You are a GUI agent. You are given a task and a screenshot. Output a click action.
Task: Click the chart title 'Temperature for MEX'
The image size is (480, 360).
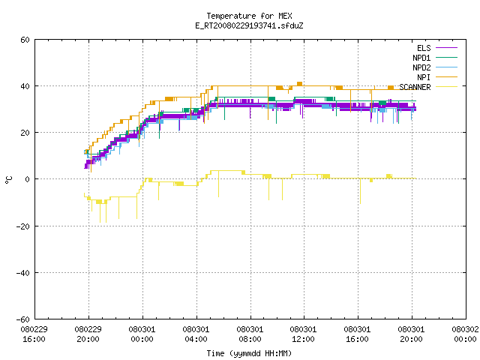click(249, 16)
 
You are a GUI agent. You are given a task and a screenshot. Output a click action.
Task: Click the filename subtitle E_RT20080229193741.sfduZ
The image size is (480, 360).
click(249, 25)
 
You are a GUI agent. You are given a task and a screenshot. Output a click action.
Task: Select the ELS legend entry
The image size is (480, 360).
click(437, 48)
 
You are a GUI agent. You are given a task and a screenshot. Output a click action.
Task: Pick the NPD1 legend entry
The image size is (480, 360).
click(435, 58)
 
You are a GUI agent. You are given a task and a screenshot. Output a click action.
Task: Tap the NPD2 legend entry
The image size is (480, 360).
click(435, 67)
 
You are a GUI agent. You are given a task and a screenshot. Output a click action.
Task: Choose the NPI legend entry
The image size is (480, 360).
click(437, 77)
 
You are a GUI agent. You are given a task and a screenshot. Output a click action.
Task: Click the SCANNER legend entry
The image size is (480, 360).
click(428, 87)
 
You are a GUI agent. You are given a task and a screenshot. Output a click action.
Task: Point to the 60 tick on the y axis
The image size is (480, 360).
click(25, 40)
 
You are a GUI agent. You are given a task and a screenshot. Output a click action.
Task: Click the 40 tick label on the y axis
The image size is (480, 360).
click(25, 86)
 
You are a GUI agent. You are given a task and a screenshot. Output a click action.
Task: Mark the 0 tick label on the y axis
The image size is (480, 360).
click(28, 179)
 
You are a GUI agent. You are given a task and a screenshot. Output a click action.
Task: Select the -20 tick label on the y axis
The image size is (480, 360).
click(23, 226)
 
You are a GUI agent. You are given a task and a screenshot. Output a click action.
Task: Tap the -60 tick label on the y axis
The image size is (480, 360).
click(23, 319)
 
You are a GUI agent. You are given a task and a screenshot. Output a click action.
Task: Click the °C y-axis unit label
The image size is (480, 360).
click(8, 180)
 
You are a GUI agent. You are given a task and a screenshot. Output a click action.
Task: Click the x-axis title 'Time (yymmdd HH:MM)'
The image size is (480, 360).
click(249, 353)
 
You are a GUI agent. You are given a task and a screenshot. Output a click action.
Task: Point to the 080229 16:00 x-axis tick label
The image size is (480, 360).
click(34, 334)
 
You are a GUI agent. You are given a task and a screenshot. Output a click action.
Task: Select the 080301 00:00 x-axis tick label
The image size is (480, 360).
click(142, 334)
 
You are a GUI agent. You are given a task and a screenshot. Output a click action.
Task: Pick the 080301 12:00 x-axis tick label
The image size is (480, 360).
click(303, 334)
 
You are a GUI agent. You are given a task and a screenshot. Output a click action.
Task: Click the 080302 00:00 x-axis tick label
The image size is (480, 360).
click(465, 334)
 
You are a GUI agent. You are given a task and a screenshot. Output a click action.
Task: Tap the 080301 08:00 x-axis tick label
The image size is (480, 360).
click(250, 334)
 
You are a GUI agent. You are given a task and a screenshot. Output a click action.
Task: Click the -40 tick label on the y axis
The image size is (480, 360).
click(23, 273)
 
